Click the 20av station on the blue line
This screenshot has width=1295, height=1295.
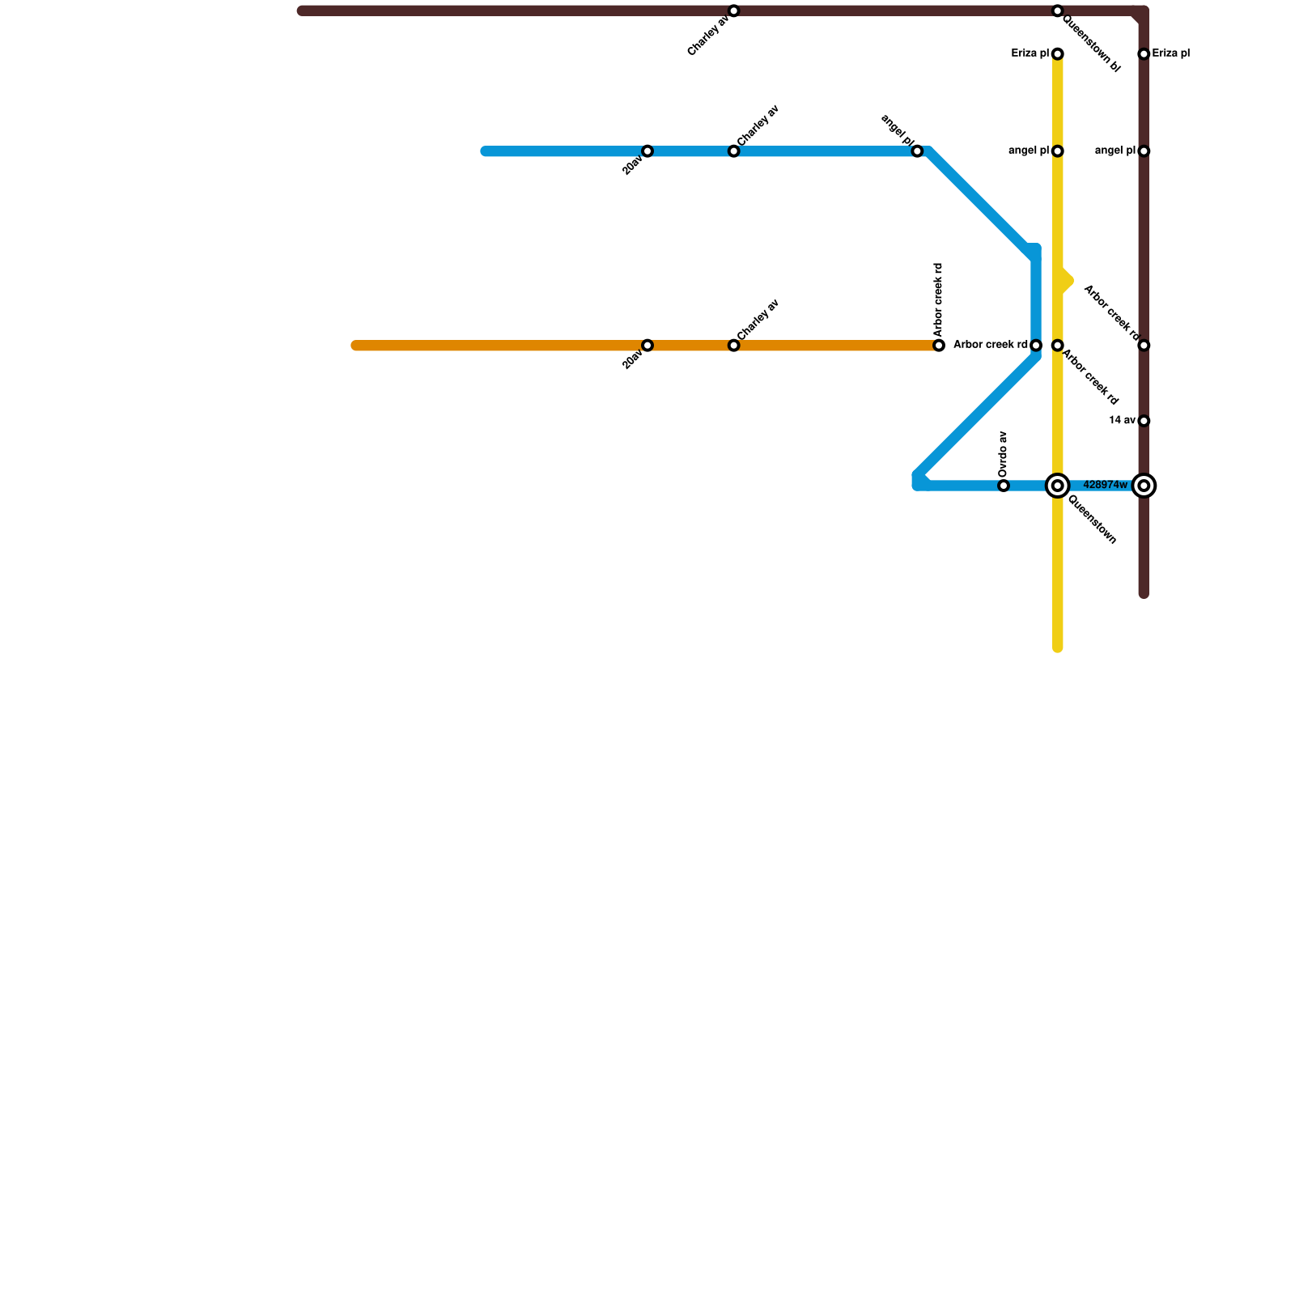point(647,151)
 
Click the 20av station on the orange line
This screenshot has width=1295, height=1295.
point(647,346)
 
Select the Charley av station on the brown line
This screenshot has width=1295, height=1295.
point(733,11)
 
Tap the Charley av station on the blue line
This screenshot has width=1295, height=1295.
point(733,151)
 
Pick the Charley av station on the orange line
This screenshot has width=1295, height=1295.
point(733,346)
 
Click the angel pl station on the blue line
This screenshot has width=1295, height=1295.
point(917,151)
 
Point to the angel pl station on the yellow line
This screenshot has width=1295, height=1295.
point(1057,151)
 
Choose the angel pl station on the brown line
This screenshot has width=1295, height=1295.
point(1144,151)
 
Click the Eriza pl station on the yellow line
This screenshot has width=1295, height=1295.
point(1057,54)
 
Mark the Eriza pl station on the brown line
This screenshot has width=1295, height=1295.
point(1144,54)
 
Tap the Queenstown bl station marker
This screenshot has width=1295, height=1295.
point(1057,11)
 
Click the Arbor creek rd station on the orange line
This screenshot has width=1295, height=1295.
point(939,346)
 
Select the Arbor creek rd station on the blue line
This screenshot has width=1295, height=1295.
point(1036,346)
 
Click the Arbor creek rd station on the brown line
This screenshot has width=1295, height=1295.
point(1144,346)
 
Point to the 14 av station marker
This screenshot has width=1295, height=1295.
point(1144,421)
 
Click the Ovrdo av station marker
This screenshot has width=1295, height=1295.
point(1004,486)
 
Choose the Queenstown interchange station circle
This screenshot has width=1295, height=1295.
point(1057,486)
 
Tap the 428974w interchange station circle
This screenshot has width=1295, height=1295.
point(1144,486)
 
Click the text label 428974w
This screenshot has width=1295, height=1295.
point(1105,486)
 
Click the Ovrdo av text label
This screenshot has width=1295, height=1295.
point(1004,454)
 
